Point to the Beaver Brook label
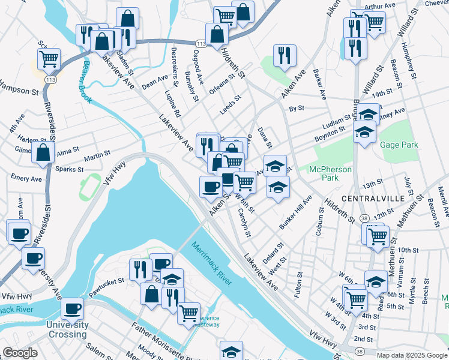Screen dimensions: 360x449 87,82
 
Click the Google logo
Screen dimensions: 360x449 20,353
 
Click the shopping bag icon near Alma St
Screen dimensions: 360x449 43,154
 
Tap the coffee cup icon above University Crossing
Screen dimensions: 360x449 73,309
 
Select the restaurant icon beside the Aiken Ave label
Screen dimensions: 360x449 284,56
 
